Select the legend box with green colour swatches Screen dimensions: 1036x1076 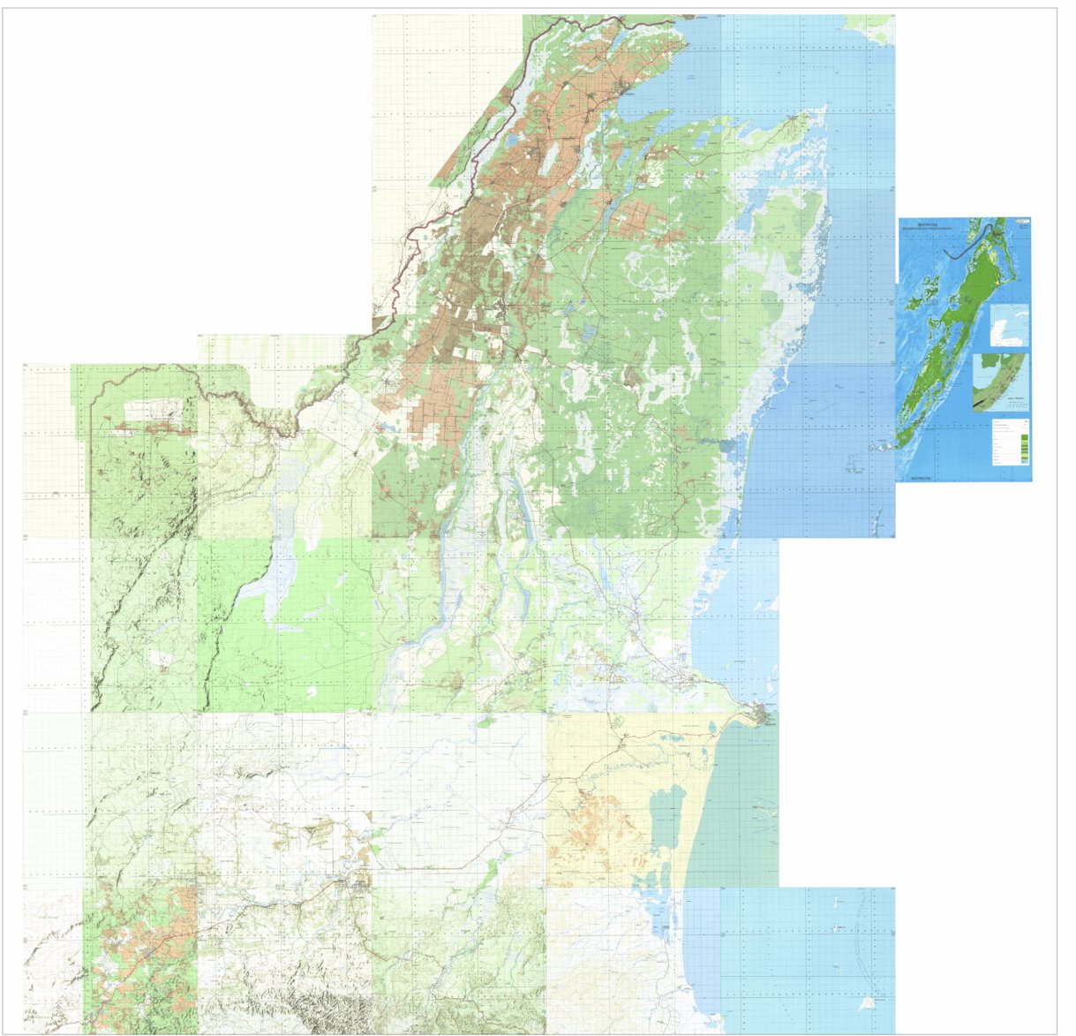coord(1009,442)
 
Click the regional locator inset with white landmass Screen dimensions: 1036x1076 coord(1009,327)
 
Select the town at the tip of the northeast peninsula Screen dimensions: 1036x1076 coord(803,116)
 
